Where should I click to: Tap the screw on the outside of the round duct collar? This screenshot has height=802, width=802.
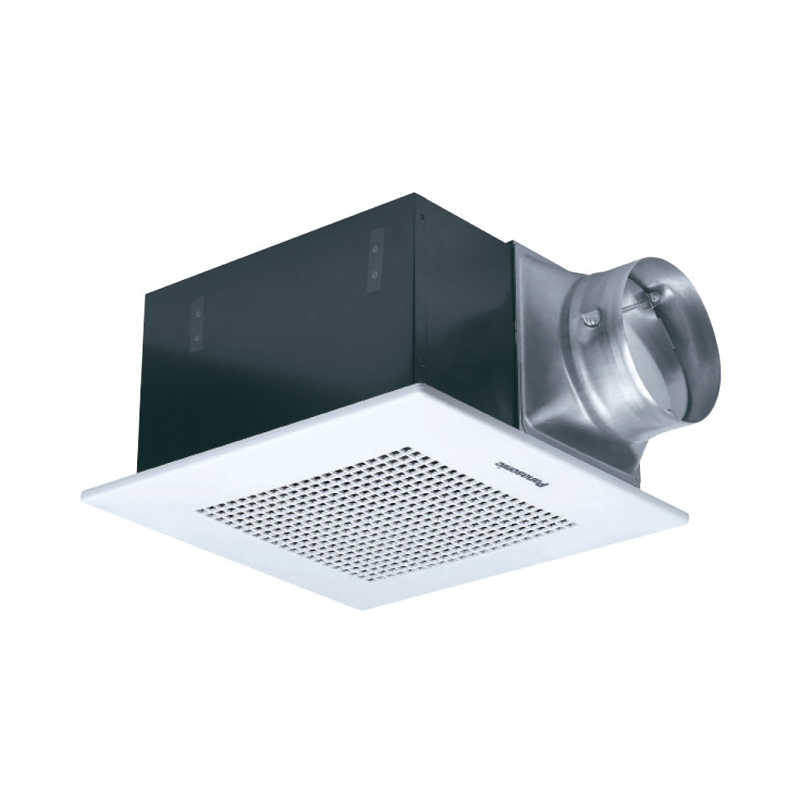589,320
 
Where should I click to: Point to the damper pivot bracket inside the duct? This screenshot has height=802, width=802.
655,298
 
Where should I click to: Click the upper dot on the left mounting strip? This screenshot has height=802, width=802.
196,316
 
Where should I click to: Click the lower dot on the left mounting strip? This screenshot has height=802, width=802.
196,339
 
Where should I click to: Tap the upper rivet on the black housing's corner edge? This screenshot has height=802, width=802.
421,215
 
